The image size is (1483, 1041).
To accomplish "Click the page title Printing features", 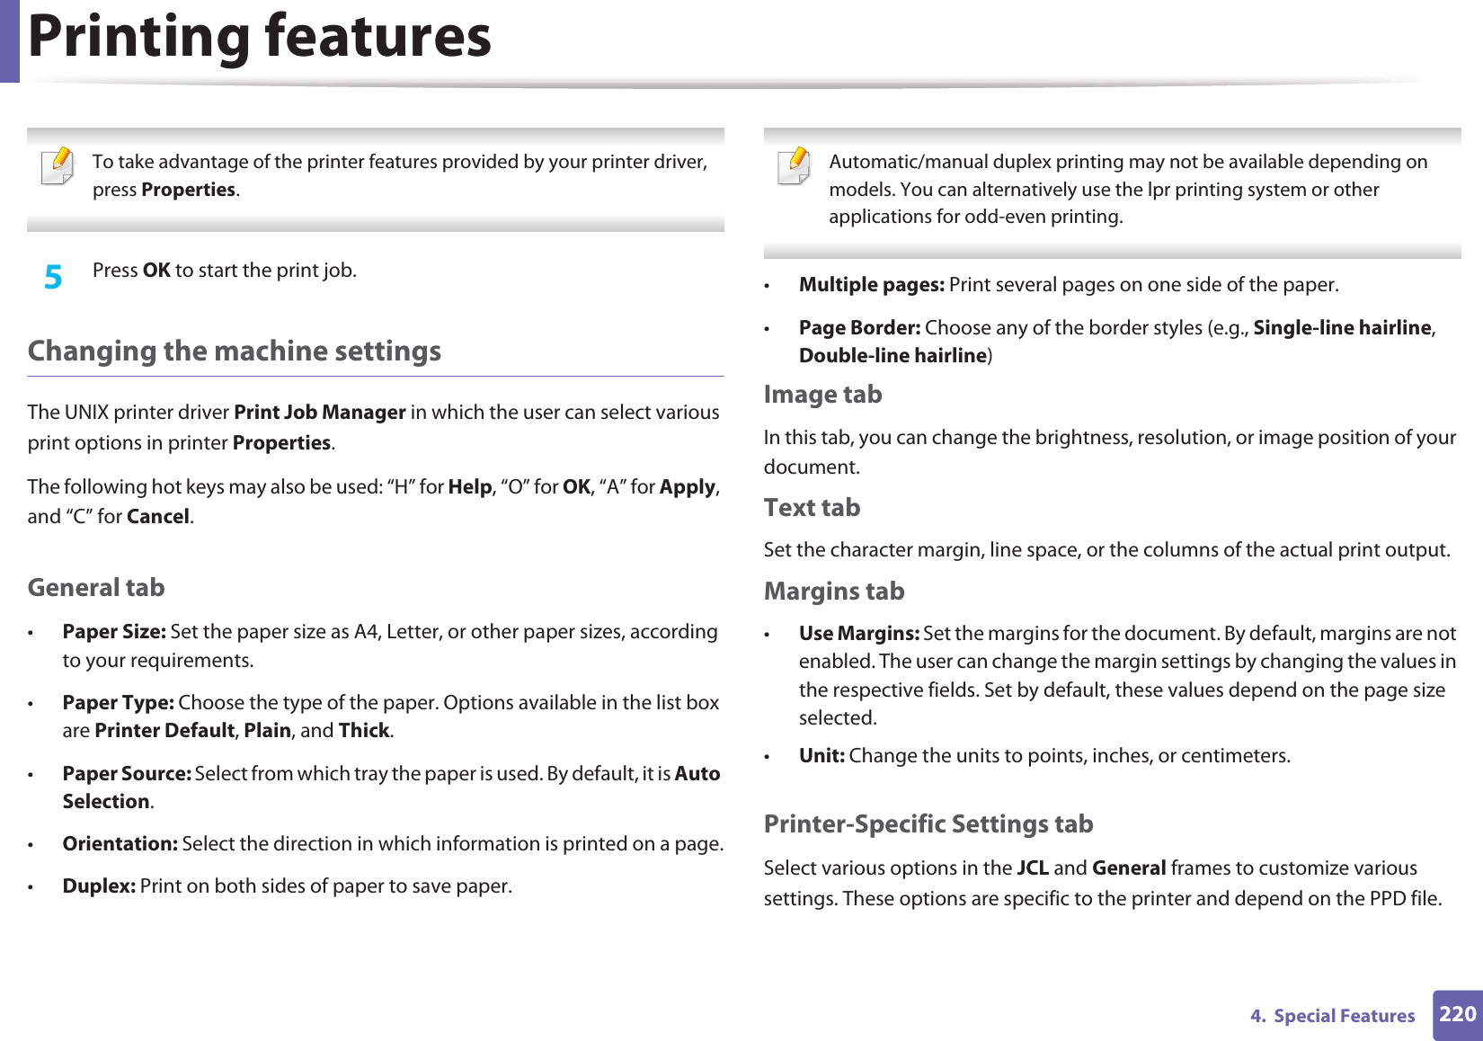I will pyautogui.click(x=260, y=37).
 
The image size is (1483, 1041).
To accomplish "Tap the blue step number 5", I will pyautogui.click(x=53, y=277).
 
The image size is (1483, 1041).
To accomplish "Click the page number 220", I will pyautogui.click(x=1457, y=1014).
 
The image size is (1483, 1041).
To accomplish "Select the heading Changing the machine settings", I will pyautogui.click(x=235, y=351).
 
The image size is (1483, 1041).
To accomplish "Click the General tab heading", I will pyautogui.click(x=96, y=588).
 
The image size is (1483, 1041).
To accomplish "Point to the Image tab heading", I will pyautogui.click(x=822, y=395).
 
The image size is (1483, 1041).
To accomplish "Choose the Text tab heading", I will pyautogui.click(x=812, y=508).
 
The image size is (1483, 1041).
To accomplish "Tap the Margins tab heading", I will pyautogui.click(x=833, y=592).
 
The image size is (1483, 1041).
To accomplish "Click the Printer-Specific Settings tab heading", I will pyautogui.click(x=928, y=824).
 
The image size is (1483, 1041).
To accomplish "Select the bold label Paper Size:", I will pyautogui.click(x=114, y=632).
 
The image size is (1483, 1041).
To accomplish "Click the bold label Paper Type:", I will pyautogui.click(x=118, y=703).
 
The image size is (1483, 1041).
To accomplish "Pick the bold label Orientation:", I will pyautogui.click(x=120, y=844).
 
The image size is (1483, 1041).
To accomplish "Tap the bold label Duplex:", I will pyautogui.click(x=99, y=886).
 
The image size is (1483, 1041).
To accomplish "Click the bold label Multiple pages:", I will pyautogui.click(x=871, y=285).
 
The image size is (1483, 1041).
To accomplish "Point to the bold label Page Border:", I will pyautogui.click(x=859, y=328).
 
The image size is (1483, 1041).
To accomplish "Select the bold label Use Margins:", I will pyautogui.click(x=858, y=634).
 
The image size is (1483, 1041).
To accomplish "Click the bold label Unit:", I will pyautogui.click(x=821, y=756).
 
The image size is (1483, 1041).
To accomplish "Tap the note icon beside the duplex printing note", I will pyautogui.click(x=795, y=166).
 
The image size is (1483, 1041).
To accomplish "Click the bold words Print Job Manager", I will pyautogui.click(x=320, y=413).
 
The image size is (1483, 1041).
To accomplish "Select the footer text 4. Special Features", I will pyautogui.click(x=1332, y=1016).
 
